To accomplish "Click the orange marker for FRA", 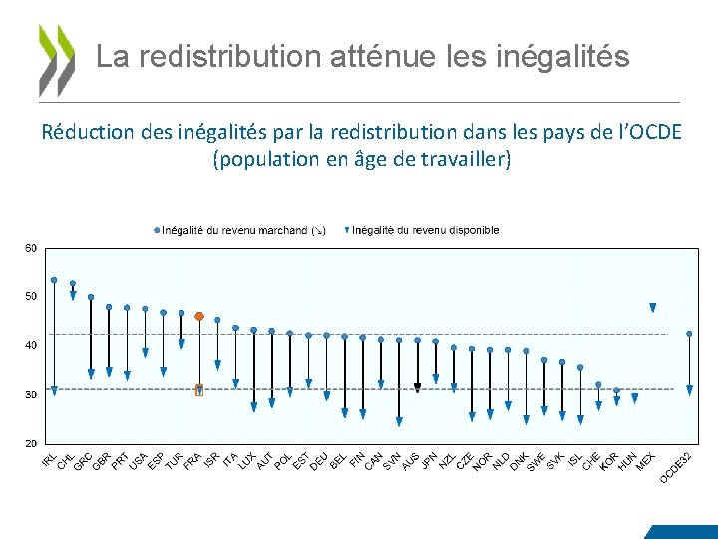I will pos(199,316).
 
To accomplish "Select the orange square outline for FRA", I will pos(199,390).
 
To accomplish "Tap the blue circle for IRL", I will pos(54,280).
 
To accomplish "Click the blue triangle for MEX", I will pos(653,308).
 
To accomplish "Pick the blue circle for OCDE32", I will pos(689,334).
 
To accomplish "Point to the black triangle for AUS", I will pos(418,387).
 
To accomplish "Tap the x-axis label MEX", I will pos(645,462).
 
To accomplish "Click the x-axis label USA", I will pos(139,461).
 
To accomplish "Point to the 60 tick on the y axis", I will pos(31,248).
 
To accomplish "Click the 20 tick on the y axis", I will pos(31,443).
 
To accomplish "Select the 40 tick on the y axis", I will pos(31,345).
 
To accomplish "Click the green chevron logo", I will pos(57,59).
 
